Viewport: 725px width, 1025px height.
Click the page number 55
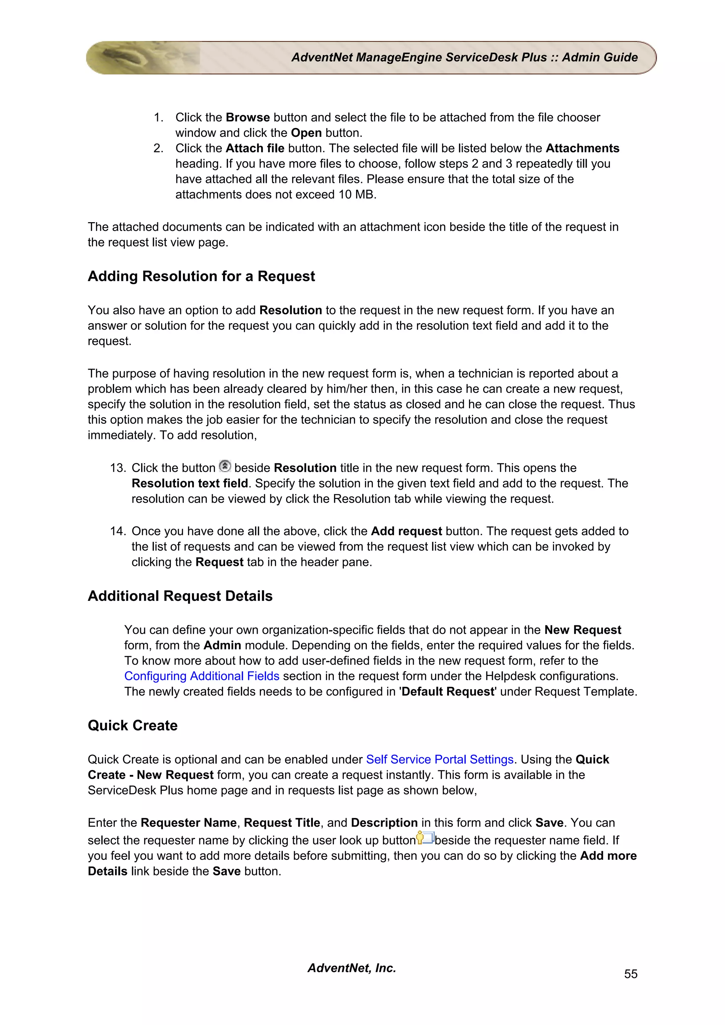[630, 974]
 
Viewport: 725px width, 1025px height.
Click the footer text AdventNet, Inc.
[352, 968]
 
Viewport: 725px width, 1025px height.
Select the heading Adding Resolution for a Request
[201, 276]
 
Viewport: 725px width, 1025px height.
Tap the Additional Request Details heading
[180, 596]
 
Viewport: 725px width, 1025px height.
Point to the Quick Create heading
[133, 725]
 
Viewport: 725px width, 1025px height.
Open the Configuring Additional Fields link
[201, 676]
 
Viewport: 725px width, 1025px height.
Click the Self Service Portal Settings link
[440, 759]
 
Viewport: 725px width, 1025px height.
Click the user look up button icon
[425, 838]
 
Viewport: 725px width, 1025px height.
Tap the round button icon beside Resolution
[225, 466]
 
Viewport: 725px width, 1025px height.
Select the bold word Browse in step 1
[247, 117]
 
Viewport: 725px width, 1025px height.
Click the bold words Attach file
[255, 148]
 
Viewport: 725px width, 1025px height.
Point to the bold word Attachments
[582, 148]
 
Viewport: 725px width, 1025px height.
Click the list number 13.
[118, 468]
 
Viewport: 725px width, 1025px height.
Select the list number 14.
[118, 531]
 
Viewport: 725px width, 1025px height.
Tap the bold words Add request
[406, 531]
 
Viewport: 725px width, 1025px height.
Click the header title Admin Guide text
[599, 58]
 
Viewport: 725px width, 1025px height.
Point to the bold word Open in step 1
[306, 133]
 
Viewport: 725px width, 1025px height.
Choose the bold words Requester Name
[189, 823]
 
